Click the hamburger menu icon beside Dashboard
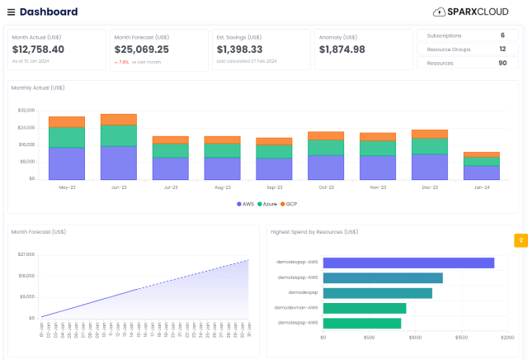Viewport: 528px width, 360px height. tap(11, 12)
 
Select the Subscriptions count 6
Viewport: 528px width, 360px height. tap(502, 36)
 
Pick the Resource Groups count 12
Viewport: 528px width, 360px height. tap(502, 50)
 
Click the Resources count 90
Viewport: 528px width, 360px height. tap(502, 63)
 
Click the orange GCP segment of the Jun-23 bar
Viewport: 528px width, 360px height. tap(119, 119)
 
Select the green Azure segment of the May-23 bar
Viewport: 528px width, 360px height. tap(67, 137)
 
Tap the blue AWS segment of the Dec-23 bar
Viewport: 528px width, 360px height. tap(430, 167)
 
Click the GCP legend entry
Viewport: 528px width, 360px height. tap(290, 203)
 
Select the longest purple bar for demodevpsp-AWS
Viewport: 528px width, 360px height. tap(408, 263)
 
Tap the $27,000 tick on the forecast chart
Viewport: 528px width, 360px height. tap(26, 254)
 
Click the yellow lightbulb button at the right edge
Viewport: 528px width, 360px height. tap(521, 240)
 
